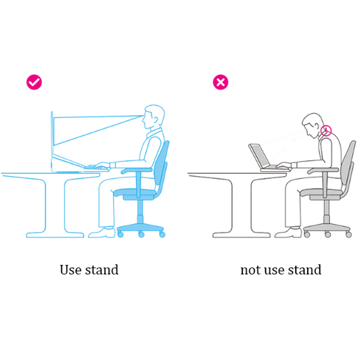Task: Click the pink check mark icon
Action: coord(34,82)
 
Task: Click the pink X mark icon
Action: coord(221,82)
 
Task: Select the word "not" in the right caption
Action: coord(251,270)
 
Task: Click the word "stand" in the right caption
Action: coord(305,269)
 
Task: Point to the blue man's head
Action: coord(153,117)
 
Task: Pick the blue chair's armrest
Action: coord(137,171)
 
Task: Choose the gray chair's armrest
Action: coord(323,171)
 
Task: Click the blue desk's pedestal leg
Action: coord(55,207)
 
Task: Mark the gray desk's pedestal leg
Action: coord(241,207)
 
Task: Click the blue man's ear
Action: coord(156,120)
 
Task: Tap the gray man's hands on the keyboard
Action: coord(283,165)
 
